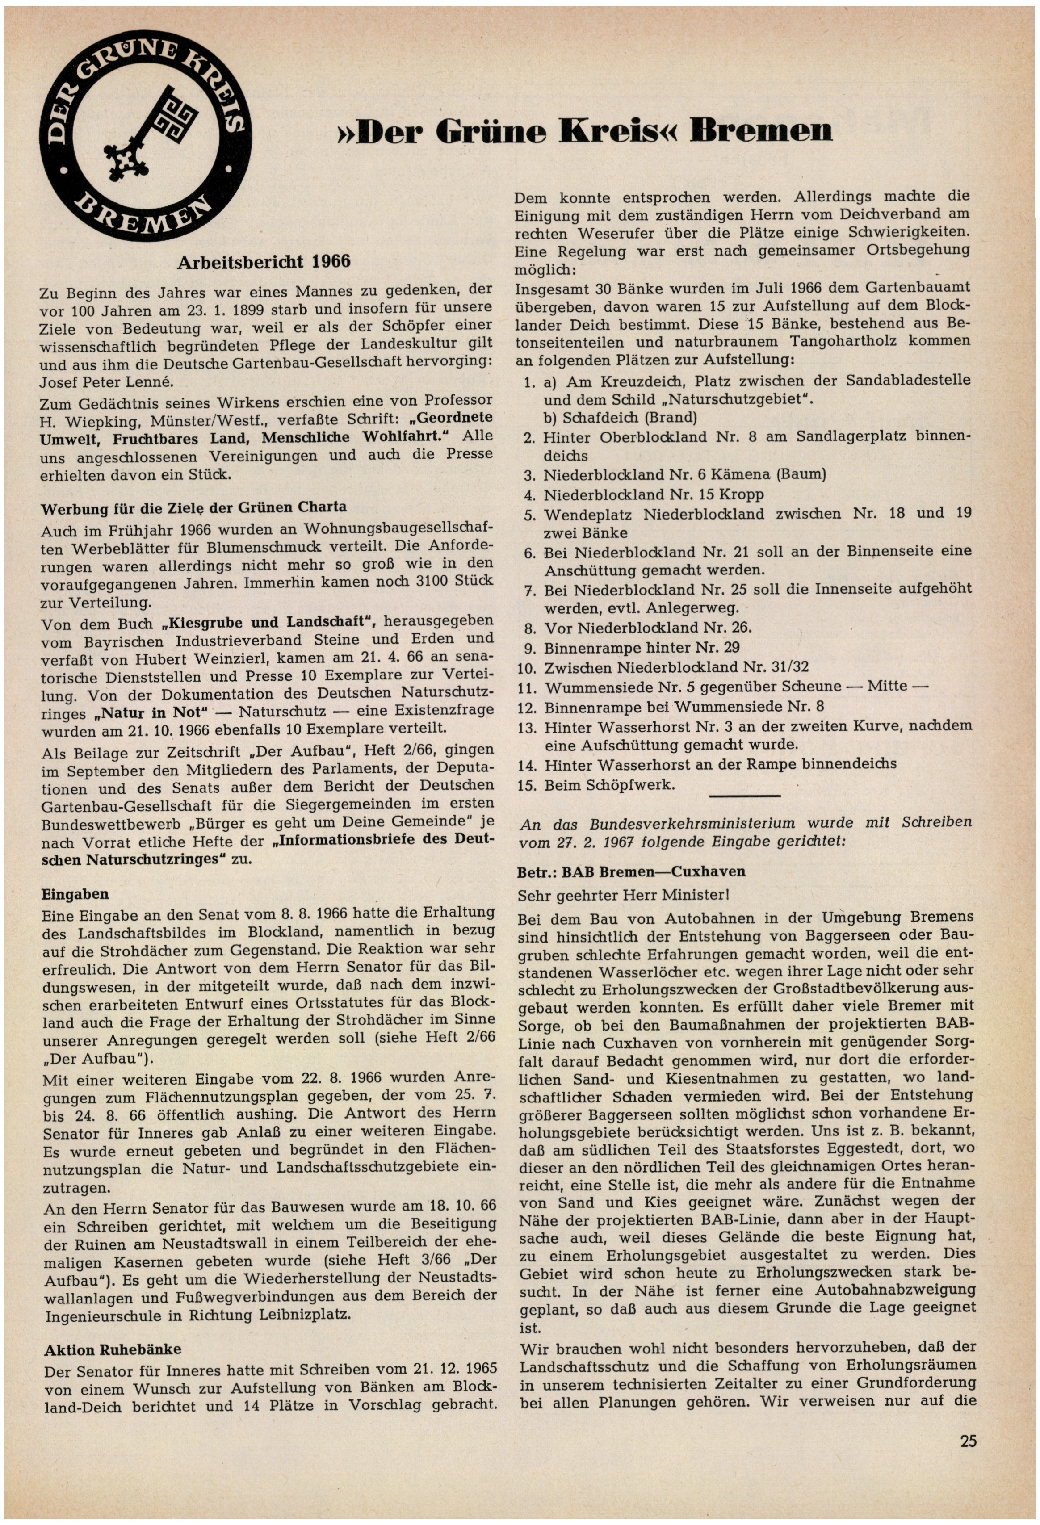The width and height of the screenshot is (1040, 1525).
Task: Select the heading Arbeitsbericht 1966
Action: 264,262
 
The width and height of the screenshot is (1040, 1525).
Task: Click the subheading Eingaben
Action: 75,894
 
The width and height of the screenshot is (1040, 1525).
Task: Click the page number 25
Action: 968,1441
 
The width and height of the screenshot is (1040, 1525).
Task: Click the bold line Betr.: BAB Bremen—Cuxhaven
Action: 631,871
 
